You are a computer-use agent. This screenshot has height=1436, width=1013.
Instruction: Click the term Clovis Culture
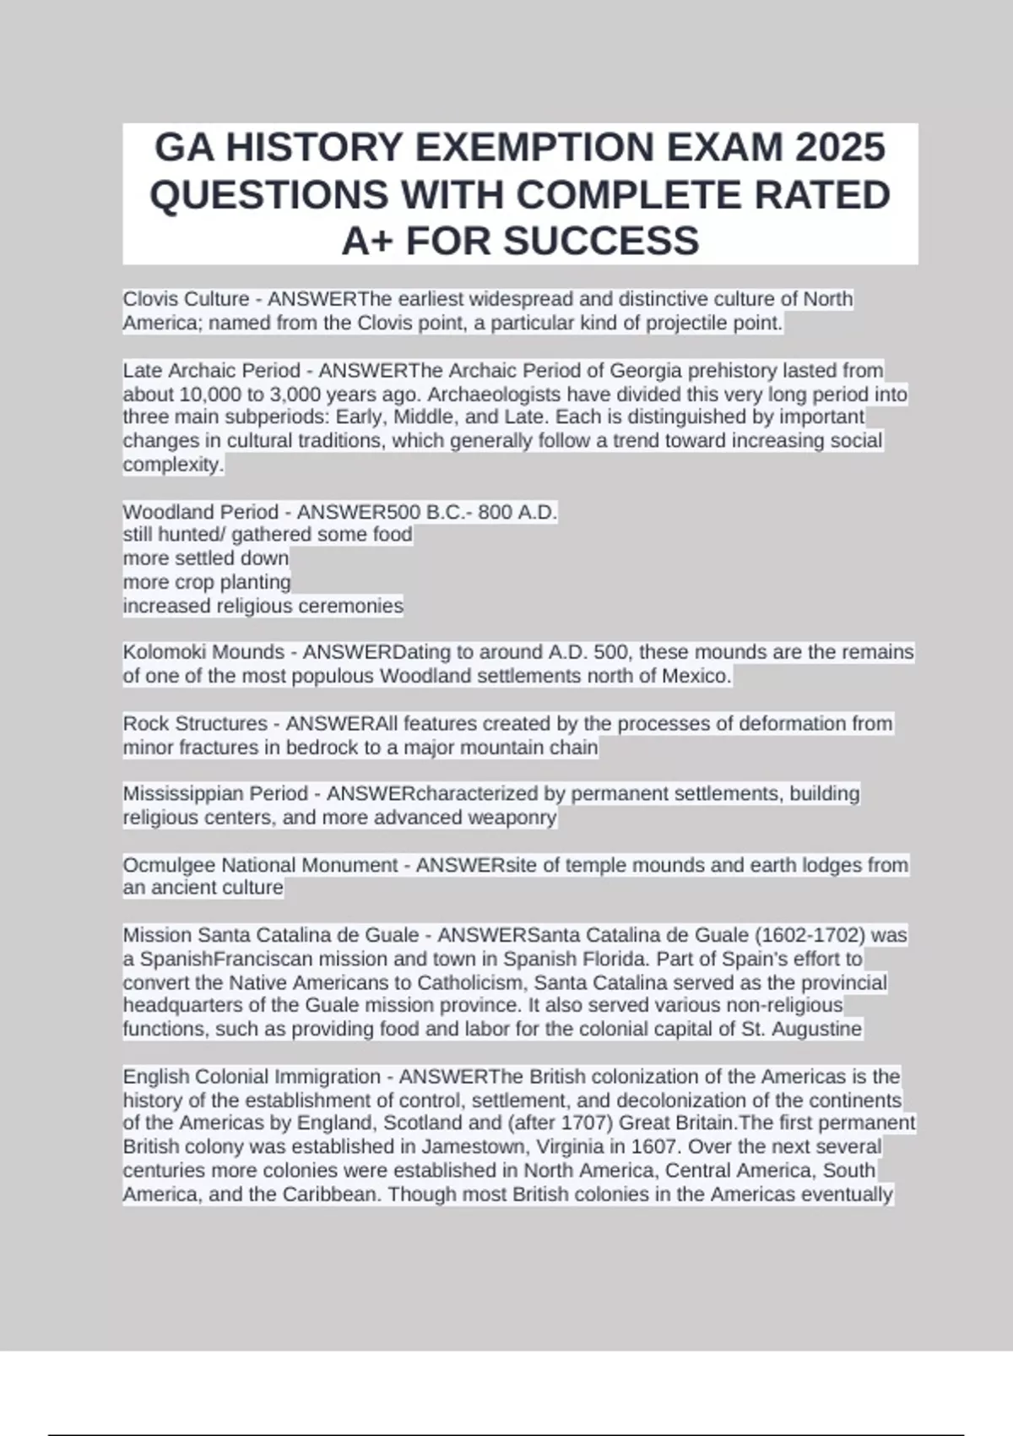point(186,299)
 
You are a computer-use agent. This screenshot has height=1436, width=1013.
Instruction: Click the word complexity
point(173,465)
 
